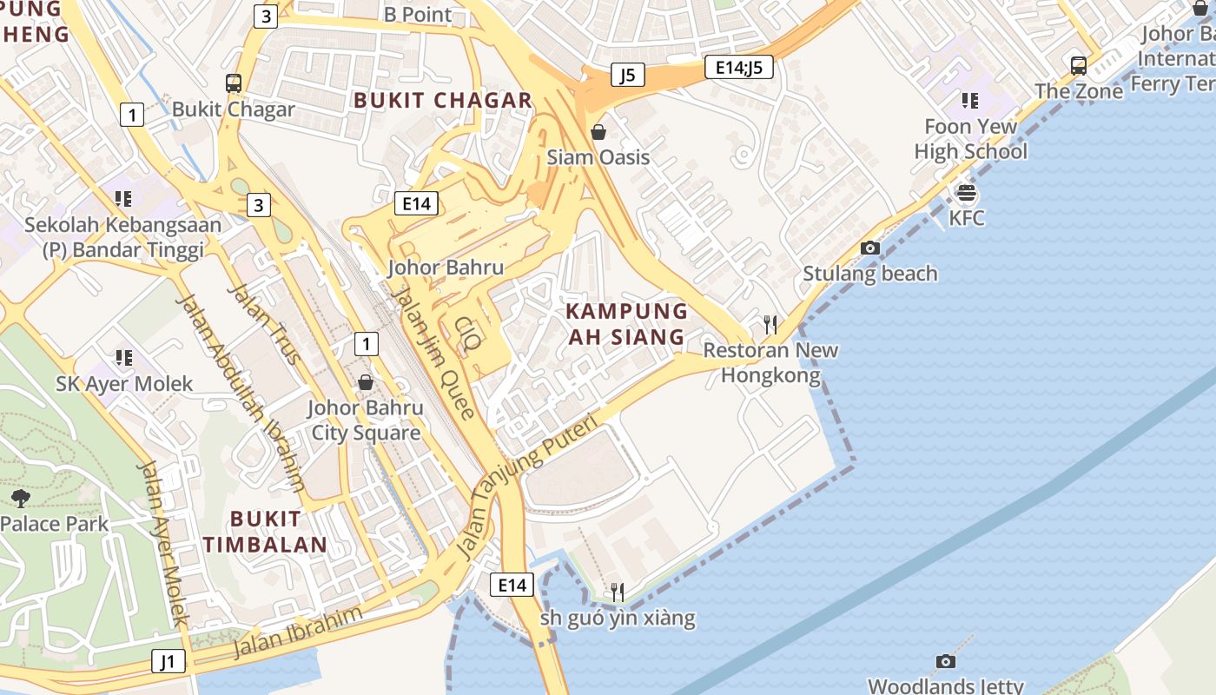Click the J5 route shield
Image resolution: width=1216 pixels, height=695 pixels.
(627, 75)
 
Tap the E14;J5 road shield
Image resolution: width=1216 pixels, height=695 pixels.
(738, 67)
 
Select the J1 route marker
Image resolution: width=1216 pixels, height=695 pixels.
(168, 661)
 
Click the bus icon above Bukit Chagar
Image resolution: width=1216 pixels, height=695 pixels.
(233, 83)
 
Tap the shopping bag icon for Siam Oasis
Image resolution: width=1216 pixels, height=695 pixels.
(598, 132)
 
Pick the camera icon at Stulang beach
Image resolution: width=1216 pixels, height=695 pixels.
(869, 248)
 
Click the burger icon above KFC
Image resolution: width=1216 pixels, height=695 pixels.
(966, 193)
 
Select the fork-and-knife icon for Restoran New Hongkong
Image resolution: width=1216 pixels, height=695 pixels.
(770, 325)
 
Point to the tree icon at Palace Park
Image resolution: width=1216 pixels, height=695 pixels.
(20, 499)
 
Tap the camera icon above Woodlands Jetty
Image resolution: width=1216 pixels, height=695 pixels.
(945, 662)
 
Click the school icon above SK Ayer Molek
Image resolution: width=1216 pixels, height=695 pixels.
(123, 358)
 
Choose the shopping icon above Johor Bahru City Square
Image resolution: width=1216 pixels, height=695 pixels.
(366, 382)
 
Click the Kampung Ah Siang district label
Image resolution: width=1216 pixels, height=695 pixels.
(626, 324)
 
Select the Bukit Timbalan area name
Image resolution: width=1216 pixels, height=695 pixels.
(265, 532)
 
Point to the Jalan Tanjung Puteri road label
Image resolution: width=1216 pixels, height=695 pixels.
(526, 487)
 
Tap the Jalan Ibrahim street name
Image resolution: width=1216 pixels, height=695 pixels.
(297, 632)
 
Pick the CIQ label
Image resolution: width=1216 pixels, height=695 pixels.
(468, 333)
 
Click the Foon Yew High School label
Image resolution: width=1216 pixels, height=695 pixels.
(970, 139)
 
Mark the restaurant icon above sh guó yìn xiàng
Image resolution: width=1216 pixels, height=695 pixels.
(618, 592)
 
